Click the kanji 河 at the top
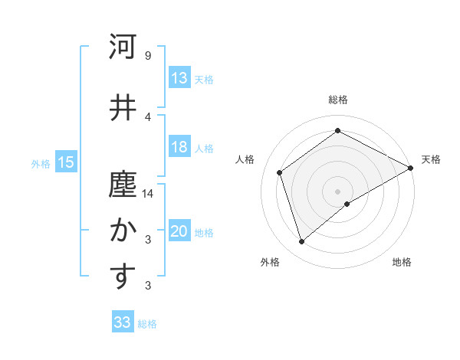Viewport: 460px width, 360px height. [x=123, y=47]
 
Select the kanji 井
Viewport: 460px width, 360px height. [x=123, y=108]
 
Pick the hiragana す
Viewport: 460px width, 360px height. [x=123, y=277]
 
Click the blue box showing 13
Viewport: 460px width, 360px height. [x=179, y=78]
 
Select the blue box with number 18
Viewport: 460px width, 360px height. [x=179, y=148]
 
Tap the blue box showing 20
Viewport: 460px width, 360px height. [x=179, y=232]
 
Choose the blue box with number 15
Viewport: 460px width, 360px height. [x=66, y=162]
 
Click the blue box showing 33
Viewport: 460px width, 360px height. [x=123, y=322]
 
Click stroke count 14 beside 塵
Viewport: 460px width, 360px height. [x=148, y=195]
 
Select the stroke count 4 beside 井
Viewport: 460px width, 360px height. [x=147, y=116]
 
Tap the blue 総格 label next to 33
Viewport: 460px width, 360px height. [x=147, y=324]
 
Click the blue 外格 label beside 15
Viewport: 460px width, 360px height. [x=41, y=163]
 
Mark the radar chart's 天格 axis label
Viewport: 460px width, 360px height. [x=431, y=159]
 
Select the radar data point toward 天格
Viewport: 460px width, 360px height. [x=410, y=169]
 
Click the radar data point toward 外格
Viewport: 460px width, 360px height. [x=302, y=242]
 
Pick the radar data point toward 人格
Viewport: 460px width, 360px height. [x=280, y=172]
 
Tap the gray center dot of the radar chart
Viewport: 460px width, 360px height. [x=337, y=191]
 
